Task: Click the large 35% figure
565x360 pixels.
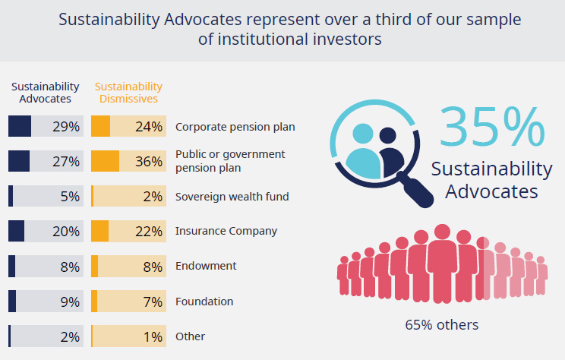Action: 491,127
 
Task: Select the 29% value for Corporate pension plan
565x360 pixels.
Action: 66,127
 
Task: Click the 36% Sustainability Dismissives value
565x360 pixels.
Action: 149,161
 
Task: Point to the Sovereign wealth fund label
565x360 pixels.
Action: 232,197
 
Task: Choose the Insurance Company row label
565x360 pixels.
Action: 226,231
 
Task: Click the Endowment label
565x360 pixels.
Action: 206,266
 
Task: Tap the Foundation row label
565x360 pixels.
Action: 204,302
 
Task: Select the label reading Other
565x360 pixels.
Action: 190,336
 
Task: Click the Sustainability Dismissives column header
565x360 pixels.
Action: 128,92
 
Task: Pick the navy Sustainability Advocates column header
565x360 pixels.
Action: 45,92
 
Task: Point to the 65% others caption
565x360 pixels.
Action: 442,325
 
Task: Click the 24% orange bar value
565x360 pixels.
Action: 149,127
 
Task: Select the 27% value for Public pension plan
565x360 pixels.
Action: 66,161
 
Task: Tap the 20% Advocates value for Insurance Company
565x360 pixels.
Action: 66,231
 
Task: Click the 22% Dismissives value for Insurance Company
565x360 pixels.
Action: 149,231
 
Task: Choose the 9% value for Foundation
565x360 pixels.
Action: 70,302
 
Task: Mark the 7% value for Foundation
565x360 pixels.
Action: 153,302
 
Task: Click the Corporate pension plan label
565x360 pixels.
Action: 235,127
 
